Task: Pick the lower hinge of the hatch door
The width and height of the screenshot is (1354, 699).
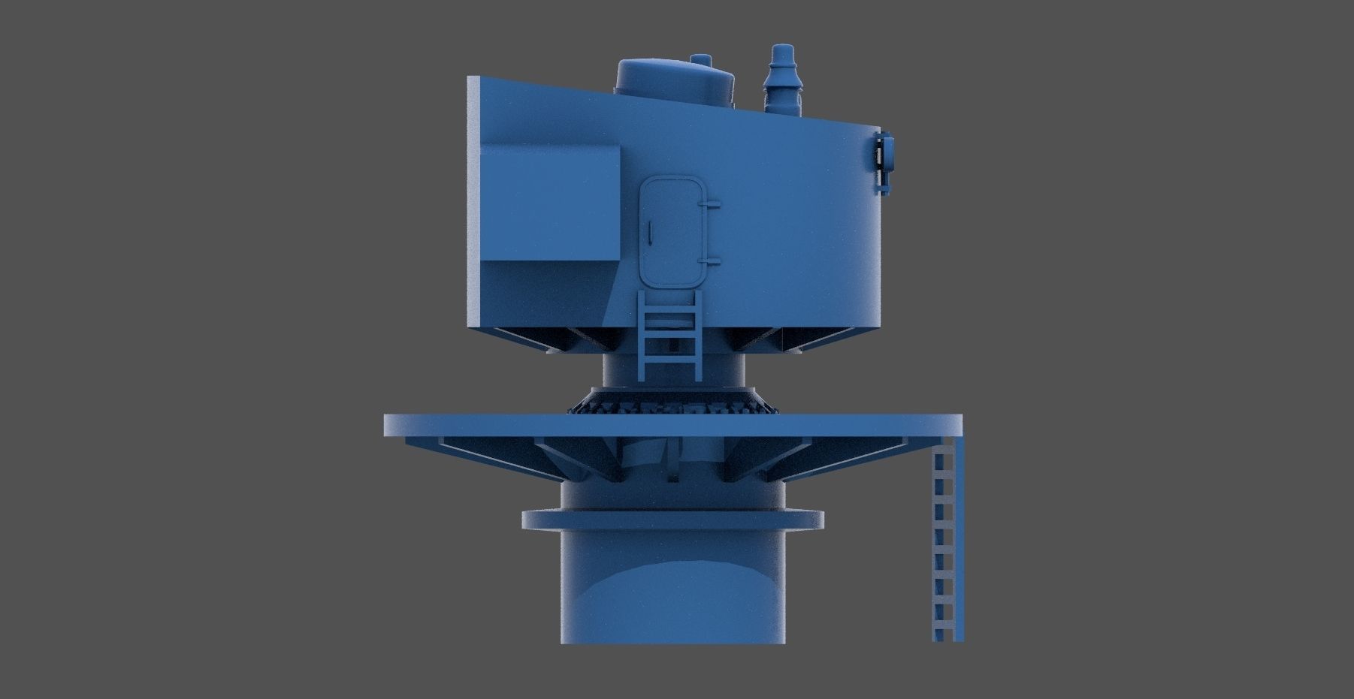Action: point(709,261)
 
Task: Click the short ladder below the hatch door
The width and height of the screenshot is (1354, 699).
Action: point(670,335)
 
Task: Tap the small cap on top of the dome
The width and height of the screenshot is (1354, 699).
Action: point(700,59)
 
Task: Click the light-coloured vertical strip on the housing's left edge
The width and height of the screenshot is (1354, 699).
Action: point(473,203)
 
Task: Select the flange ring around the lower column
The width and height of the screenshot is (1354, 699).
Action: point(672,520)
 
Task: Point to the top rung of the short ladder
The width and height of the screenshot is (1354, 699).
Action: point(670,305)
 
